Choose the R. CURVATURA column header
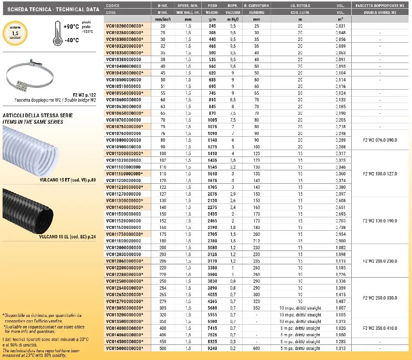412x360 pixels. click(x=256, y=6)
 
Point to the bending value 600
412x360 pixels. click(x=256, y=348)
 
